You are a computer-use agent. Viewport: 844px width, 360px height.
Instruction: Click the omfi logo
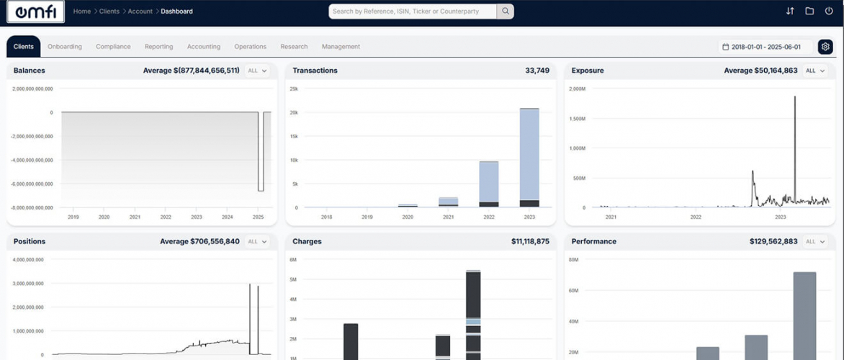point(35,12)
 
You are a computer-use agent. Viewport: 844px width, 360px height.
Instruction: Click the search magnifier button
point(506,12)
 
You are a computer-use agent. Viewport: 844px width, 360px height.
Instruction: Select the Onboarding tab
point(65,47)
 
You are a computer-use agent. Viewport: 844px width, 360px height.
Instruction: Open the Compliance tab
point(113,47)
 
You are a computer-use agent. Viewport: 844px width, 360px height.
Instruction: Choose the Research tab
point(294,47)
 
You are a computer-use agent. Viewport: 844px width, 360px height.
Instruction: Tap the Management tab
point(341,47)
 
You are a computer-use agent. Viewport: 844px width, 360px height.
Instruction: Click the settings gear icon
point(825,47)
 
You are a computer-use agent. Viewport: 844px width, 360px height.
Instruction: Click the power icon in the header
point(829,12)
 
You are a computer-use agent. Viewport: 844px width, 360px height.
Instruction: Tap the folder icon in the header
point(809,12)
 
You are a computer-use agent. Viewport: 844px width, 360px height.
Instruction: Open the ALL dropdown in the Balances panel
point(257,71)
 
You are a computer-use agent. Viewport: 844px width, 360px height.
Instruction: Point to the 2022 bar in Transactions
point(489,184)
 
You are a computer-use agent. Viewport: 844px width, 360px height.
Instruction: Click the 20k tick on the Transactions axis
point(294,112)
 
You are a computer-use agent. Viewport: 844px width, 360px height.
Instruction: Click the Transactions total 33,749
point(537,71)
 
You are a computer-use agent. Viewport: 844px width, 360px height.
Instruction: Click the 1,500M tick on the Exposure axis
point(578,119)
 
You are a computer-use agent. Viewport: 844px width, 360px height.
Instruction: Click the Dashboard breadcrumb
point(176,12)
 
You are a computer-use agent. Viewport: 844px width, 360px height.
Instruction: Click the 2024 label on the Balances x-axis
point(228,217)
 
